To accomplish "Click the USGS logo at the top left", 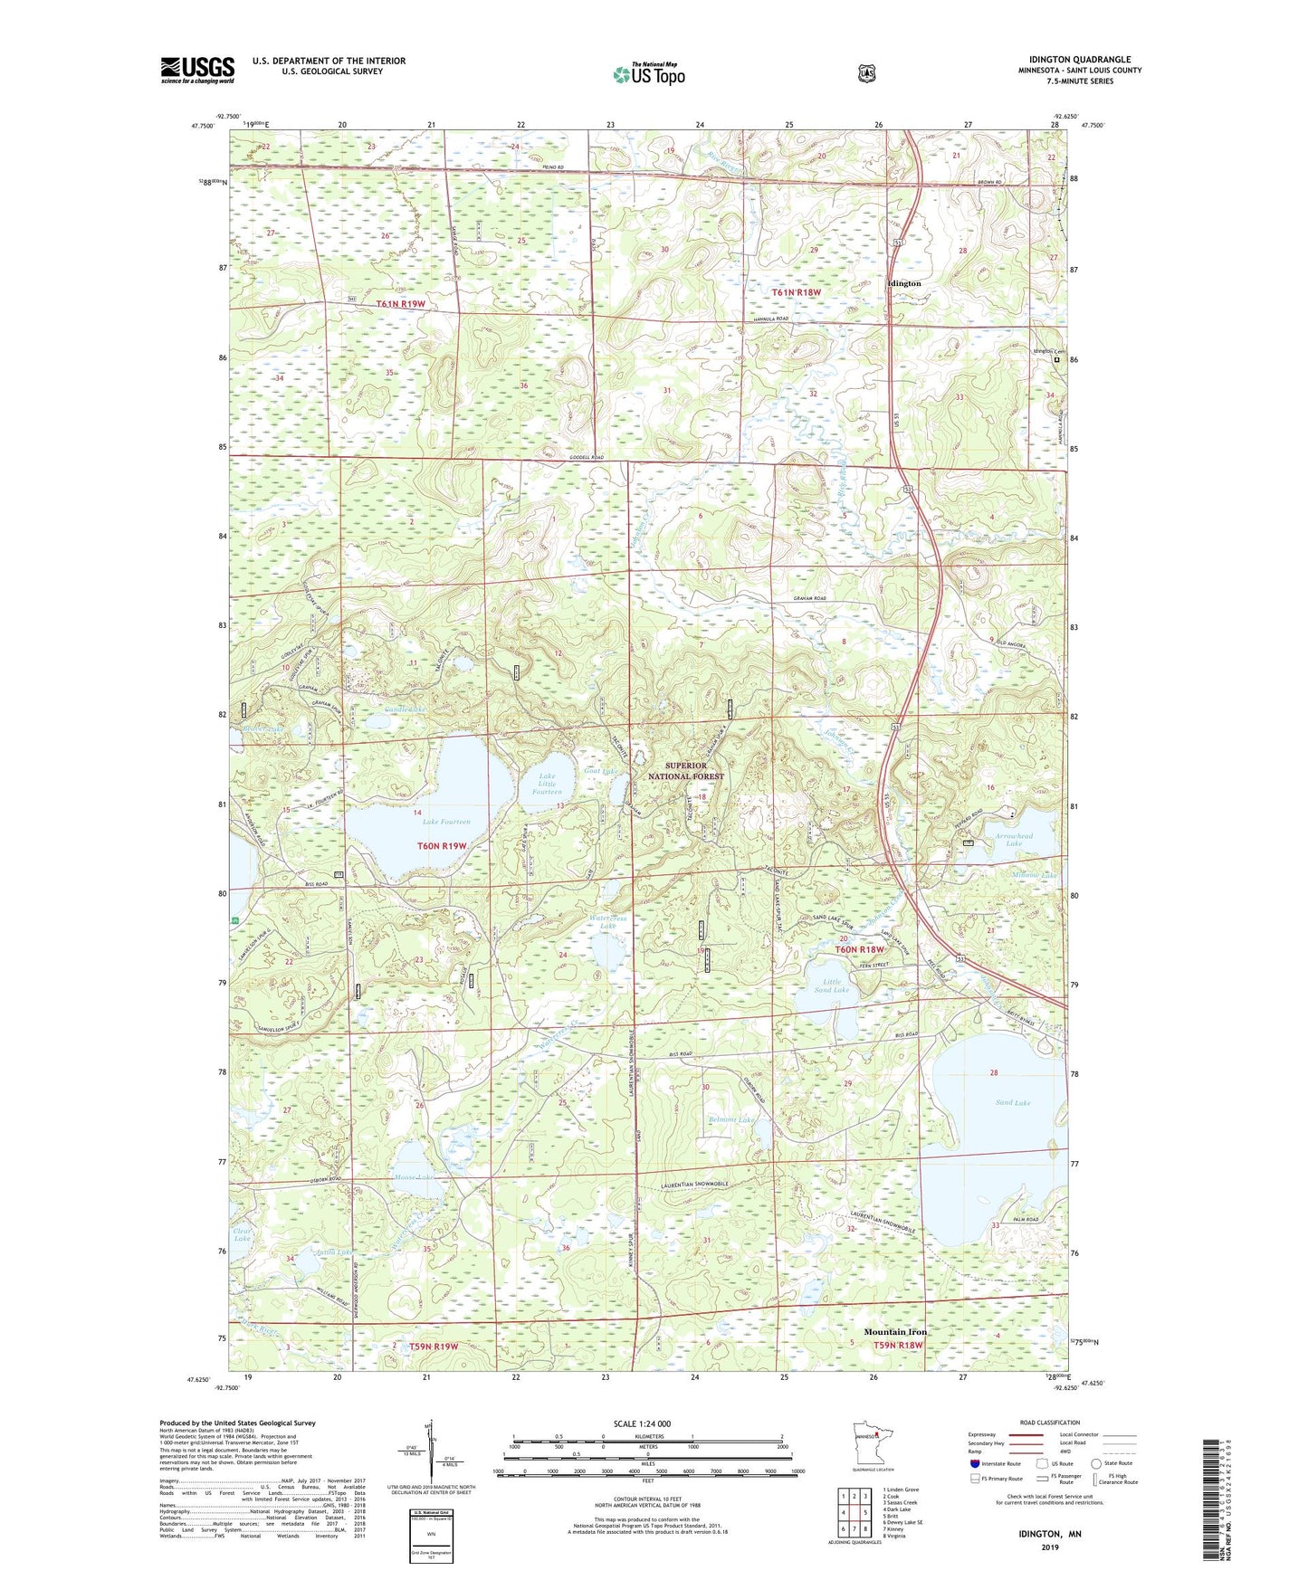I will (x=197, y=70).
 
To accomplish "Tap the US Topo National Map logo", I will (x=648, y=74).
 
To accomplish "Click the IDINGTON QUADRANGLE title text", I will (x=1079, y=60).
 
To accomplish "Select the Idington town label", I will (x=902, y=283).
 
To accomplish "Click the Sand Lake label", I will (x=1013, y=1102).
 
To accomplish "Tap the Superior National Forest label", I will (x=685, y=771).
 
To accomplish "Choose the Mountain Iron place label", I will (x=895, y=1332).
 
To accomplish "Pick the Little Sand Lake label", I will (x=831, y=986).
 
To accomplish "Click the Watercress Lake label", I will (x=608, y=921).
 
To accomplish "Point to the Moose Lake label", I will (x=414, y=1177).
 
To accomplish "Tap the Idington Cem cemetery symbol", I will (x=1056, y=360).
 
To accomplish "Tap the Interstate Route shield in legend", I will (x=974, y=1463).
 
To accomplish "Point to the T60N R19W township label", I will (x=442, y=846).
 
